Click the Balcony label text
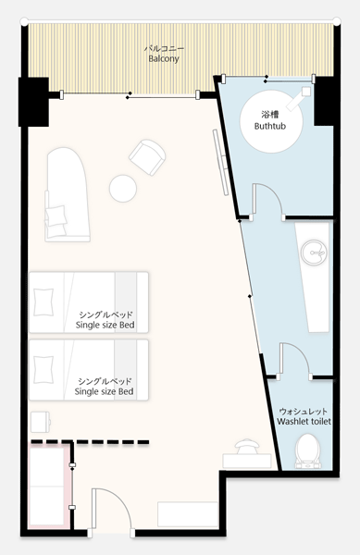(164, 58)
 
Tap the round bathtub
(271, 121)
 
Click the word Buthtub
(270, 126)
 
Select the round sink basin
(313, 252)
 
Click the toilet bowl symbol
(308, 451)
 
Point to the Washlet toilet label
(304, 422)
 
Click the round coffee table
(123, 189)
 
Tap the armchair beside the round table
(147, 157)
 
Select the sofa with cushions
(68, 194)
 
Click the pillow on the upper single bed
(43, 302)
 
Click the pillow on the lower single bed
(43, 370)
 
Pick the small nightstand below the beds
(40, 422)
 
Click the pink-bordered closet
(50, 487)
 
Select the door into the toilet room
(295, 359)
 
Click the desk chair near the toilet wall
(247, 446)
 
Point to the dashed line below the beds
(90, 442)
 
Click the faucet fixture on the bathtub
(298, 99)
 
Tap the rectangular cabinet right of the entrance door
(188, 514)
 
